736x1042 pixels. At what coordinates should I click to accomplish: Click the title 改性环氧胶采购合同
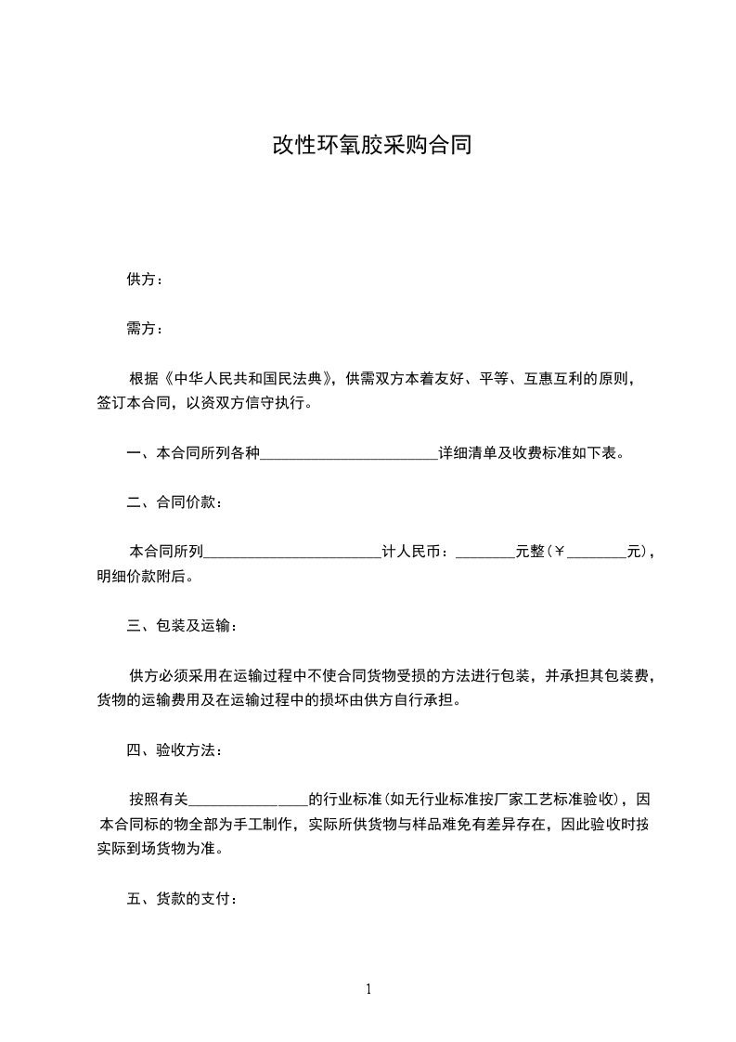[371, 146]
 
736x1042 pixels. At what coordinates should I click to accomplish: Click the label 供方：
[145, 280]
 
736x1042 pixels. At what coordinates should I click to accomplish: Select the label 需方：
[145, 328]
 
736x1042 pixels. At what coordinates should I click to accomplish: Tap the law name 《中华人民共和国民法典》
[248, 379]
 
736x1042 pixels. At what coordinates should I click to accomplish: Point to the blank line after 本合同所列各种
[350, 454]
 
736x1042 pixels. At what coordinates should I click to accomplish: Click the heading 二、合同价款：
[174, 502]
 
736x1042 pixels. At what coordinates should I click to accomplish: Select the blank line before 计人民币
[292, 552]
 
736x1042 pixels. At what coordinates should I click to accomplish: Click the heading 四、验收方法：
[174, 749]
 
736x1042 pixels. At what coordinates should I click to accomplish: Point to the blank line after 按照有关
[248, 799]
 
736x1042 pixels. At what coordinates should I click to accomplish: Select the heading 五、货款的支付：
[182, 899]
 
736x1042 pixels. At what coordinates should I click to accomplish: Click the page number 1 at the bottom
[368, 989]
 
